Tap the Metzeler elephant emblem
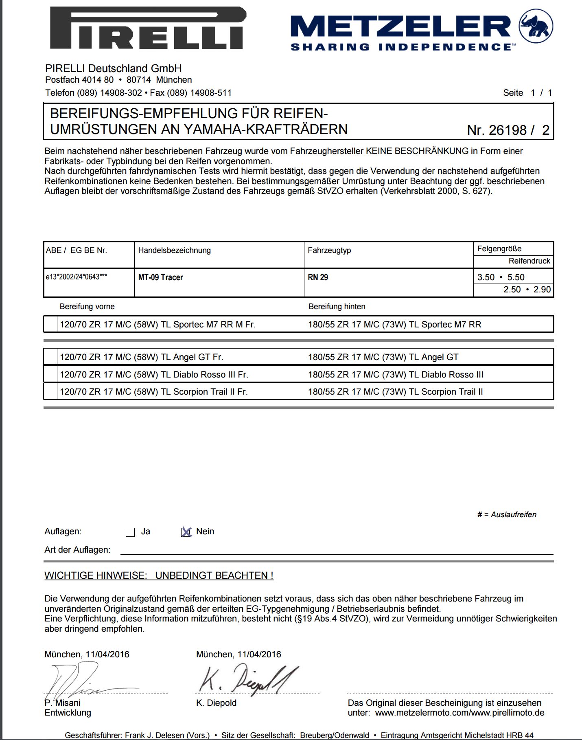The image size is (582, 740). click(x=536, y=26)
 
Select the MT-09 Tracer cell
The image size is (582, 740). click(x=161, y=277)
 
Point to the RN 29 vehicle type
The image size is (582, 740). click(x=318, y=277)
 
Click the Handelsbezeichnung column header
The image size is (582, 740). click(x=174, y=250)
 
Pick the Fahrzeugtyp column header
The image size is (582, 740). click(x=329, y=250)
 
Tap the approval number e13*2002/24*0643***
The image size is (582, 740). click(x=77, y=277)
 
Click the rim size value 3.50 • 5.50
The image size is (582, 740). click(x=501, y=277)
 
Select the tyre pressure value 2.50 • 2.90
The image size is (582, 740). click(x=527, y=290)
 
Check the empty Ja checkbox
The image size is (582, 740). click(x=130, y=532)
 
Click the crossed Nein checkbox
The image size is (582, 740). click(x=186, y=532)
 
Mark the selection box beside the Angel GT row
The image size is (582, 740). click(x=50, y=357)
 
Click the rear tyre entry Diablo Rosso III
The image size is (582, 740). click(x=395, y=375)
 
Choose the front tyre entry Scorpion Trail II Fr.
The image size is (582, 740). click(x=153, y=392)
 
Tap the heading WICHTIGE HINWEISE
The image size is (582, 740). click(x=159, y=575)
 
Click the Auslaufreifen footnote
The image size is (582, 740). click(x=507, y=515)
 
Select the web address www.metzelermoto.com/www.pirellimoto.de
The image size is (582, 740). click(x=459, y=713)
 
